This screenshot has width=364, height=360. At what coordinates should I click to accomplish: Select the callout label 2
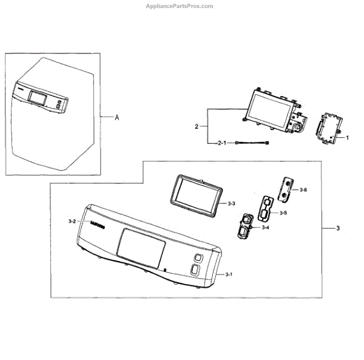197,126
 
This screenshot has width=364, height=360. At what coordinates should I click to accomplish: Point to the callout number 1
348,138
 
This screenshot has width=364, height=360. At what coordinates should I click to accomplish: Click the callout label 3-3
232,205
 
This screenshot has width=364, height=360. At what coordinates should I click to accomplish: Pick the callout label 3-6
303,189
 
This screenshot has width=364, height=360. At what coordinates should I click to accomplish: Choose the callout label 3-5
283,212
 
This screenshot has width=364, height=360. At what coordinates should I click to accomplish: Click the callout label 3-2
72,222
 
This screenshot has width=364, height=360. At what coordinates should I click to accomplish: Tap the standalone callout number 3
337,228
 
